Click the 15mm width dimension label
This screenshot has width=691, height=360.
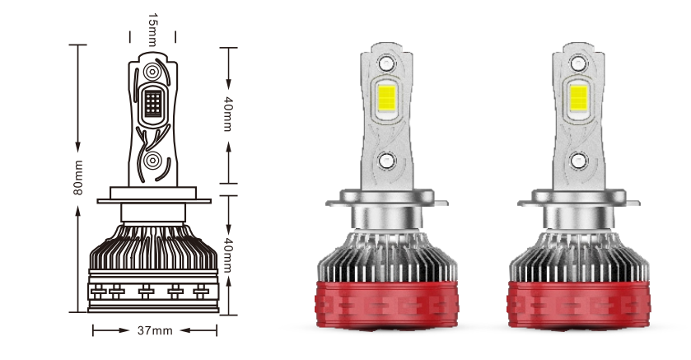tap(152, 30)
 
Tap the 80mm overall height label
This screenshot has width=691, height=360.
tap(78, 178)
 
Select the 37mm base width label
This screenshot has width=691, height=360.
tap(155, 330)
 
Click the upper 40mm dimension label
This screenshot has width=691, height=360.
tap(227, 114)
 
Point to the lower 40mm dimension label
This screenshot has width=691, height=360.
tap(227, 255)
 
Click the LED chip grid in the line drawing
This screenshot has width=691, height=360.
tap(153, 103)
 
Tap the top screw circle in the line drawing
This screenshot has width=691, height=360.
tap(152, 72)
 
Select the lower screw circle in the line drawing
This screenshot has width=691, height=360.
tap(152, 161)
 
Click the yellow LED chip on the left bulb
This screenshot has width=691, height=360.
tap(387, 97)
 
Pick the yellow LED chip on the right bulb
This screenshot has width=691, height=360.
tap(579, 97)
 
